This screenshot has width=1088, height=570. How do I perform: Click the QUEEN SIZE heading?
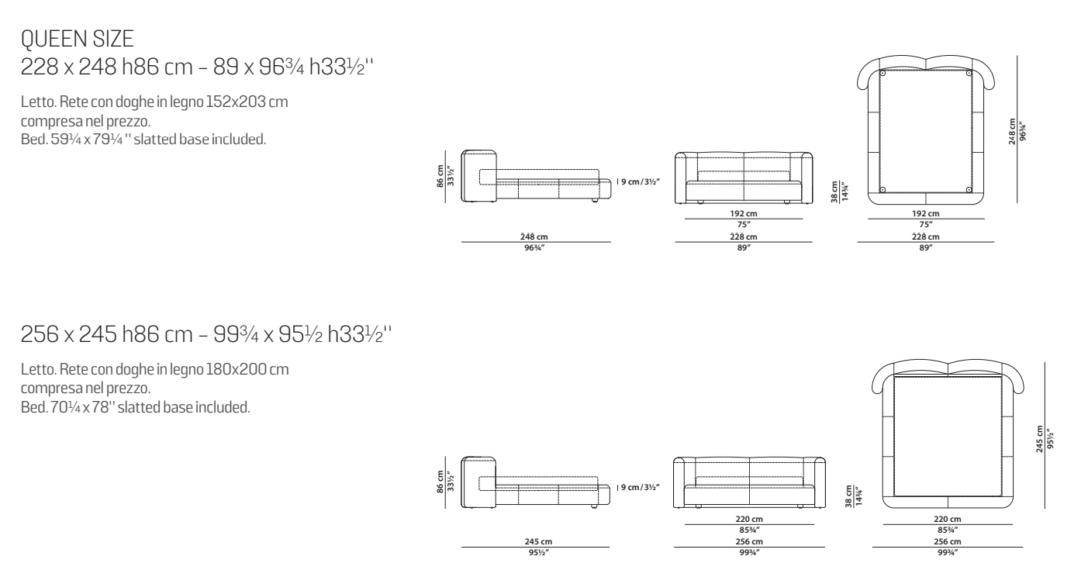(x=77, y=39)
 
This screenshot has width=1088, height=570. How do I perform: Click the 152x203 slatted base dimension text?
(x=247, y=102)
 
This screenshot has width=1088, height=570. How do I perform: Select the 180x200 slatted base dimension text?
(x=247, y=369)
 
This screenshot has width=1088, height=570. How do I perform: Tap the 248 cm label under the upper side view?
(x=534, y=237)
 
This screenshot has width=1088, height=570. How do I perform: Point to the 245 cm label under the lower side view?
(x=537, y=541)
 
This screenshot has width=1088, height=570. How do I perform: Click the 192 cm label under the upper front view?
(x=743, y=213)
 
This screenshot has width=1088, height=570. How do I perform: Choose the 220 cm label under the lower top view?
(x=947, y=519)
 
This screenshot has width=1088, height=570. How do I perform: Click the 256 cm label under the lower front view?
(x=749, y=541)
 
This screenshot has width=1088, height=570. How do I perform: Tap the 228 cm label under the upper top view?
(x=925, y=237)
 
